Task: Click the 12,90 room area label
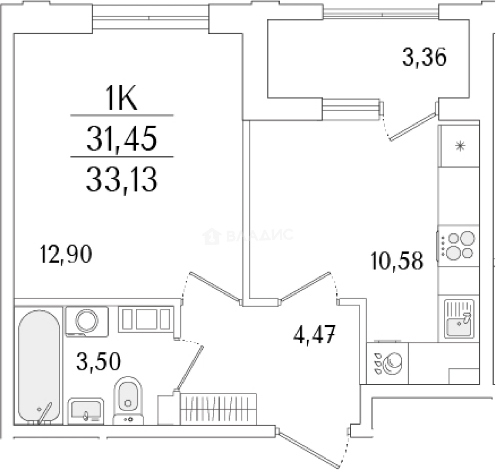point(66,255)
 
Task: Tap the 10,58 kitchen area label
point(397,261)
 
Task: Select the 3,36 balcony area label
point(424,58)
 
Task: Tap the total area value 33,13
point(121,180)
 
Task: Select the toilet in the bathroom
point(128,399)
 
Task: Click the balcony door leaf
point(413,127)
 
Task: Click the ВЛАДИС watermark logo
point(248,236)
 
